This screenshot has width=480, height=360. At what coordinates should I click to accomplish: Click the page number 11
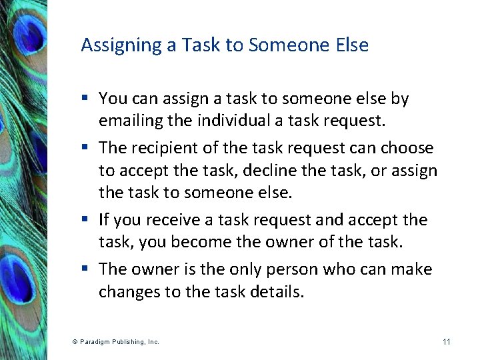[446, 342]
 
